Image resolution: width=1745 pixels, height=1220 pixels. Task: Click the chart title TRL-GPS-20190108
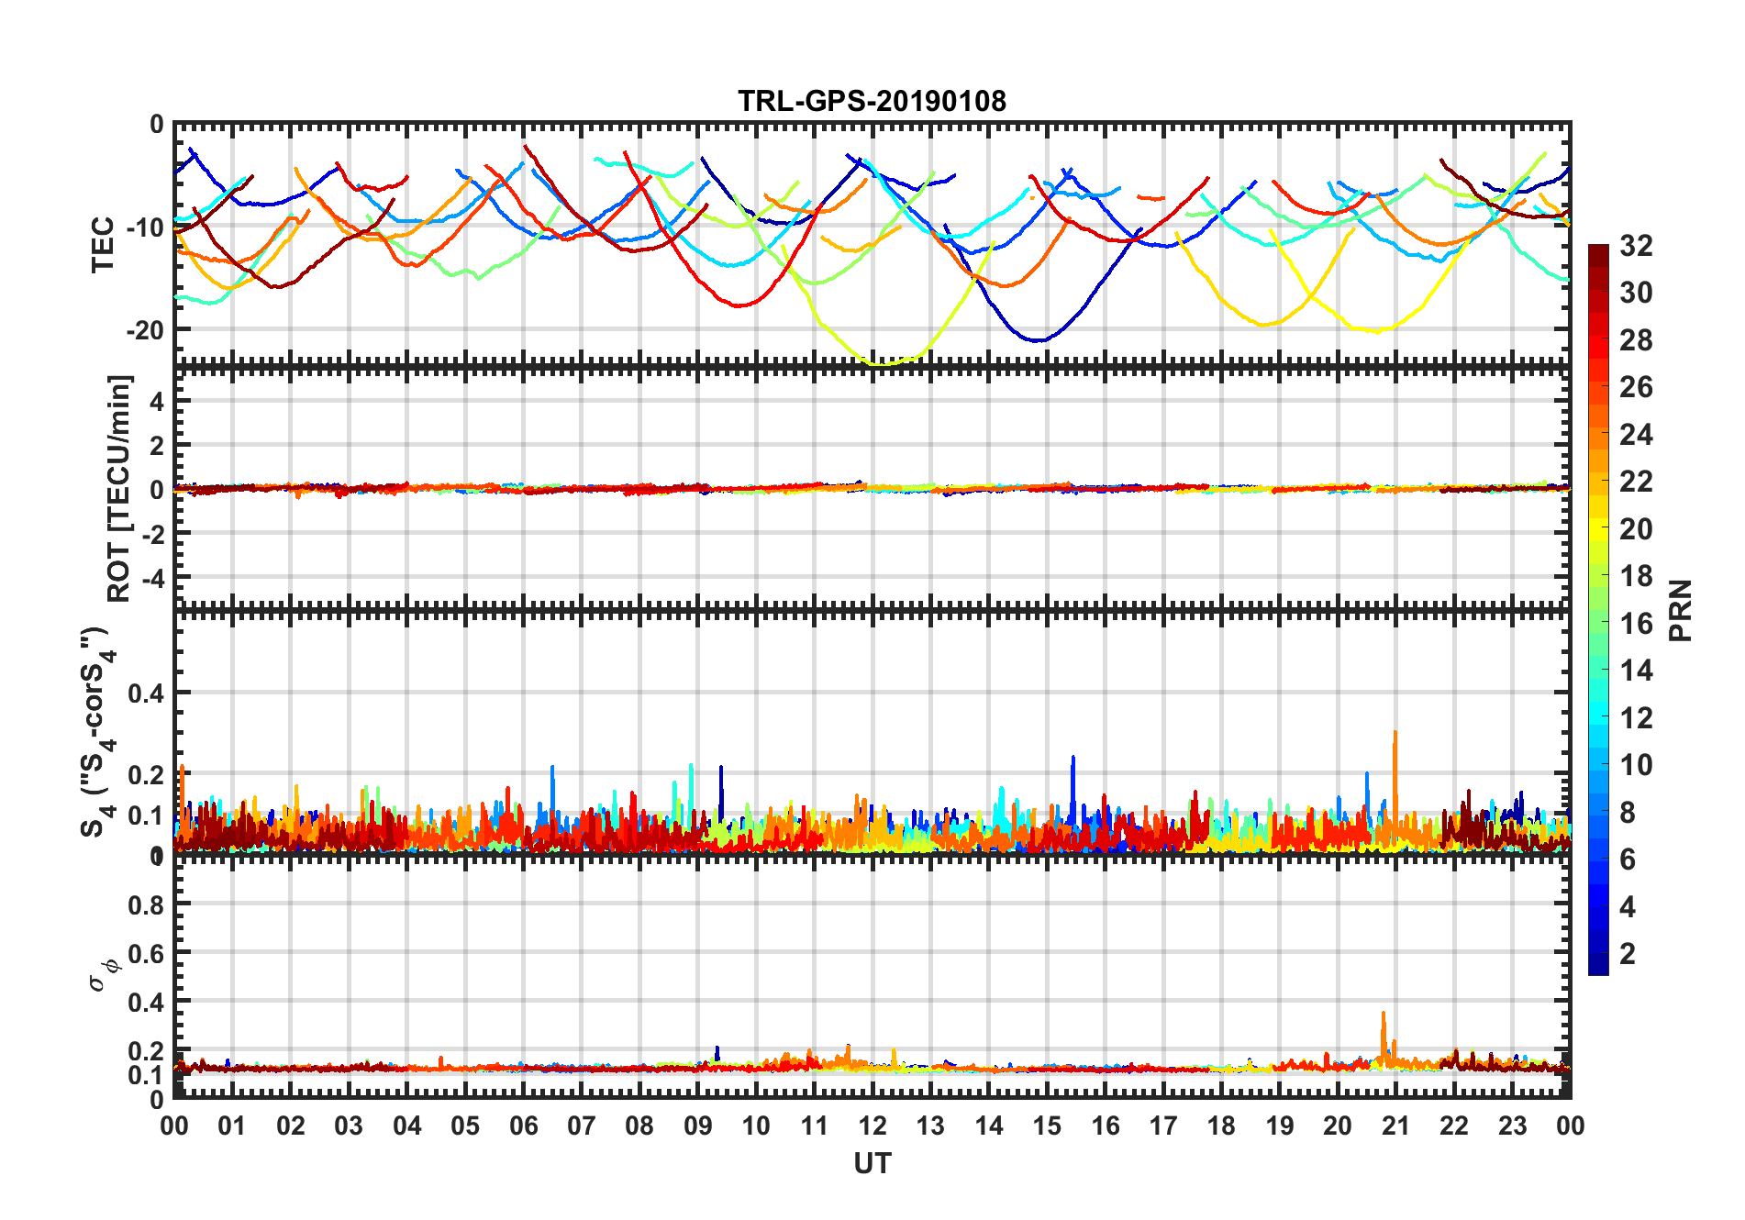pyautogui.click(x=872, y=101)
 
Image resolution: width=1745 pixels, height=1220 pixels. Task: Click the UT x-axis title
pyautogui.click(x=872, y=1163)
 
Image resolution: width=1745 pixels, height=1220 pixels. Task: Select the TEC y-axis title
pyautogui.click(x=103, y=245)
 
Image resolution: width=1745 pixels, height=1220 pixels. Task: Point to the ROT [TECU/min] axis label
pyautogui.click(x=119, y=488)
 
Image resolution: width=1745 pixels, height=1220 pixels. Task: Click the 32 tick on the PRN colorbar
pyautogui.click(x=1636, y=246)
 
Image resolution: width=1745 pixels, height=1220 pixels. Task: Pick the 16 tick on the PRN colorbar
pyautogui.click(x=1636, y=624)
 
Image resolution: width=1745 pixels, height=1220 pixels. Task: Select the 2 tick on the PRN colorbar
pyautogui.click(x=1628, y=954)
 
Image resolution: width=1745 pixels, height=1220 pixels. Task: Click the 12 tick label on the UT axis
pyautogui.click(x=872, y=1126)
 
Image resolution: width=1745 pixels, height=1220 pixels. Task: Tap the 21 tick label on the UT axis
pyautogui.click(x=1395, y=1126)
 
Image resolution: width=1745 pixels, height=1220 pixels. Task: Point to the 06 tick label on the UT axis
pyautogui.click(x=523, y=1126)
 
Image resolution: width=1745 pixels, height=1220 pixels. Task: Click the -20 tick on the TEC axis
pyautogui.click(x=145, y=330)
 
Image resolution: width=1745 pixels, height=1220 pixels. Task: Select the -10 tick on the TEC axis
pyautogui.click(x=145, y=227)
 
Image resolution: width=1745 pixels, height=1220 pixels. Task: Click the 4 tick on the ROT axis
pyautogui.click(x=156, y=401)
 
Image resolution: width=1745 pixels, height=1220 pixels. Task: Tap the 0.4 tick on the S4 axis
pyautogui.click(x=146, y=693)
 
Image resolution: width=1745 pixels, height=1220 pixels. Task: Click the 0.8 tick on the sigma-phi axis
pyautogui.click(x=146, y=905)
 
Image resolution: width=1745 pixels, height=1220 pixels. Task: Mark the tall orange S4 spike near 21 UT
pyautogui.click(x=1395, y=734)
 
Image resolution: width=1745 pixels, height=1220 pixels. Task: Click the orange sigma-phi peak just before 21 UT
pyautogui.click(x=1384, y=1015)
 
